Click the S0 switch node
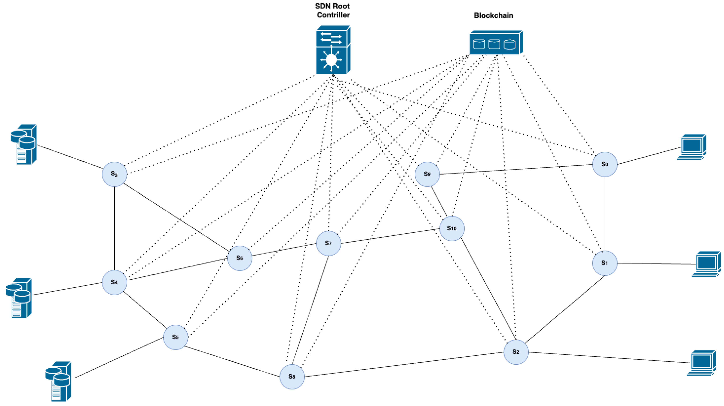pyautogui.click(x=605, y=164)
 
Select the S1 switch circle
pyautogui.click(x=605, y=263)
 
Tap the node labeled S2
pyautogui.click(x=516, y=352)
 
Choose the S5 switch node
pyautogui.click(x=175, y=337)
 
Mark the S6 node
pyautogui.click(x=239, y=258)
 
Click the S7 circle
pyautogui.click(x=328, y=243)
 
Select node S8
pyautogui.click(x=292, y=377)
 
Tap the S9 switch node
pyautogui.click(x=427, y=174)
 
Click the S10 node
pyautogui.click(x=452, y=228)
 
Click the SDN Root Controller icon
pyautogui.click(x=333, y=50)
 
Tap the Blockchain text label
pyautogui.click(x=493, y=16)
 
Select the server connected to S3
pyautogui.click(x=24, y=144)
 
